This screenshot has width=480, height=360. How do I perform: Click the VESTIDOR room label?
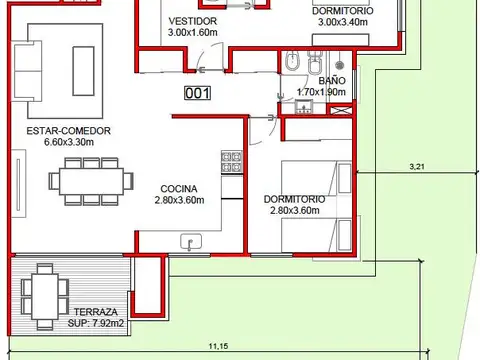(x=189, y=20)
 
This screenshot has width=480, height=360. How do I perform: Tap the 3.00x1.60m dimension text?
(x=192, y=32)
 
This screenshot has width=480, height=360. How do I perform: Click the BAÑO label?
(x=332, y=80)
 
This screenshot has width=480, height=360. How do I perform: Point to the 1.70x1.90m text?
(x=322, y=92)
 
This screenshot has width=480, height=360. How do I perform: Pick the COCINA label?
(x=179, y=188)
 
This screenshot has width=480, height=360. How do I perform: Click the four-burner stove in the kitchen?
(x=231, y=161)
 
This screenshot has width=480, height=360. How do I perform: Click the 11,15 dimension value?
(x=217, y=346)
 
